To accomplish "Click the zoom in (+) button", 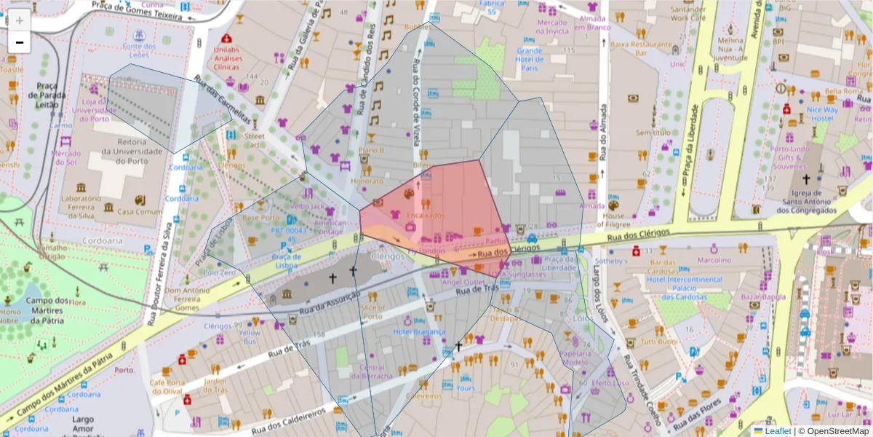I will pos(20,20).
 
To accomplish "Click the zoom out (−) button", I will pos(20,42).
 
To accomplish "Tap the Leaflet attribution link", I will pos(777,431).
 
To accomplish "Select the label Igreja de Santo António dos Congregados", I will pos(805,200).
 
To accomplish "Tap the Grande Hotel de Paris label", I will pos(529,59).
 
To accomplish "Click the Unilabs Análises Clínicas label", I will pos(227,58).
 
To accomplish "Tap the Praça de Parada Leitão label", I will pos(47,94).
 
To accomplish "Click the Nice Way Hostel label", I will pos(822,114).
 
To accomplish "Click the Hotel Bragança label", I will pos(419,331).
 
